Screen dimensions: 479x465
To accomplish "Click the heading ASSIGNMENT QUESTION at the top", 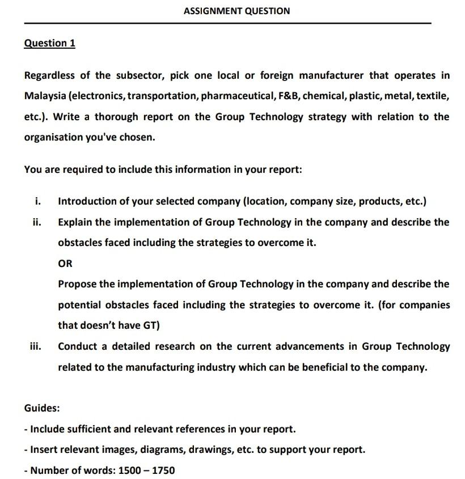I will (237, 11).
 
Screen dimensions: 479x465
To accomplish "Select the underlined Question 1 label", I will (50, 43).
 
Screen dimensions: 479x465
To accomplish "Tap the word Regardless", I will (50, 75).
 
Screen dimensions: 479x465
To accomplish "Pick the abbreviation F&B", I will (288, 96).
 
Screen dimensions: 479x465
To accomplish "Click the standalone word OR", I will (65, 264).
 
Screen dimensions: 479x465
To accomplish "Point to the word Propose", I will (77, 284).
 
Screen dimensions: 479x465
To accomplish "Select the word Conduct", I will (78, 346).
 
